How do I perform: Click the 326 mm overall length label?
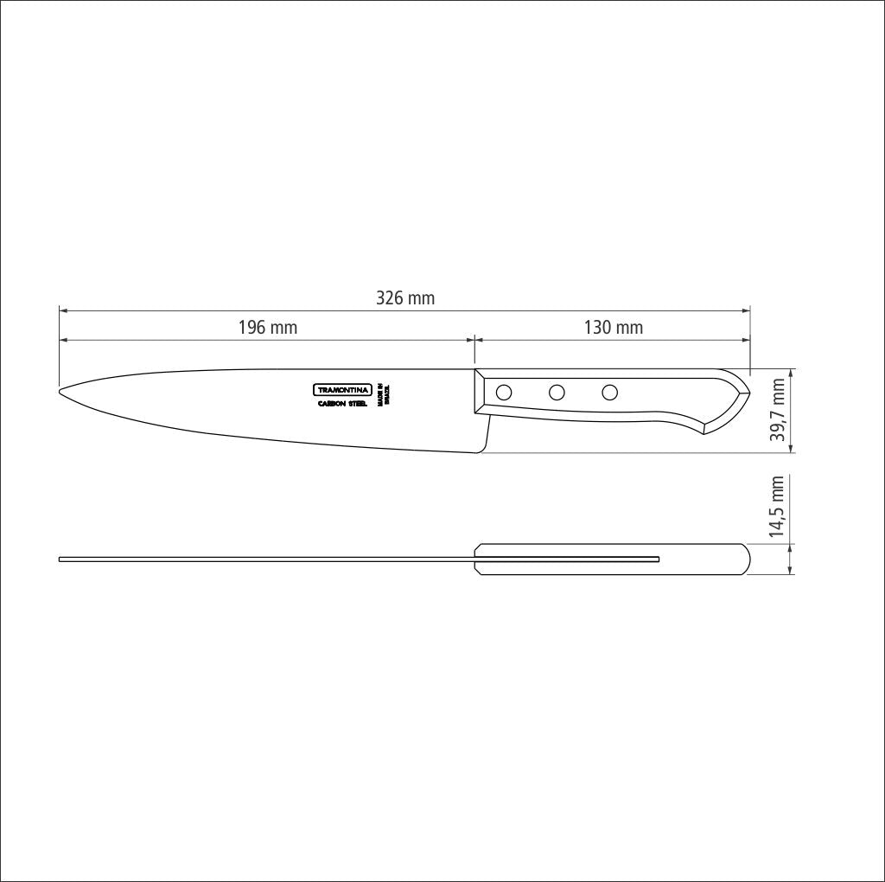(x=405, y=298)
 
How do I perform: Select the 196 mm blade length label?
(x=267, y=328)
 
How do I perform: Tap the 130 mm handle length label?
(x=613, y=328)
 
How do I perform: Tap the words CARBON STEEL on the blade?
(x=342, y=404)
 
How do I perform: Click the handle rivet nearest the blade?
(x=504, y=393)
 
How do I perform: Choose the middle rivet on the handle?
(x=557, y=393)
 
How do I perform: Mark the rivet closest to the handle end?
(x=610, y=393)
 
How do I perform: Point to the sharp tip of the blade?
(x=60, y=392)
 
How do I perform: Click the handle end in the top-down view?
(x=747, y=559)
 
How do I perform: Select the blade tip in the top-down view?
(x=60, y=560)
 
